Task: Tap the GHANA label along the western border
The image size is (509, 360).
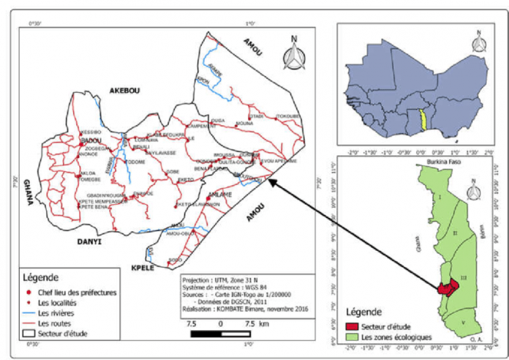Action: [x=28, y=192]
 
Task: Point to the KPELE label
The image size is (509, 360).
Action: [x=141, y=268]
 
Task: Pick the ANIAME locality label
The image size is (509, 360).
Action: [x=220, y=194]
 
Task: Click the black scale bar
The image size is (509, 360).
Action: [x=220, y=334]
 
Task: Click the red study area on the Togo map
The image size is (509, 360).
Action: [x=445, y=285]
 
